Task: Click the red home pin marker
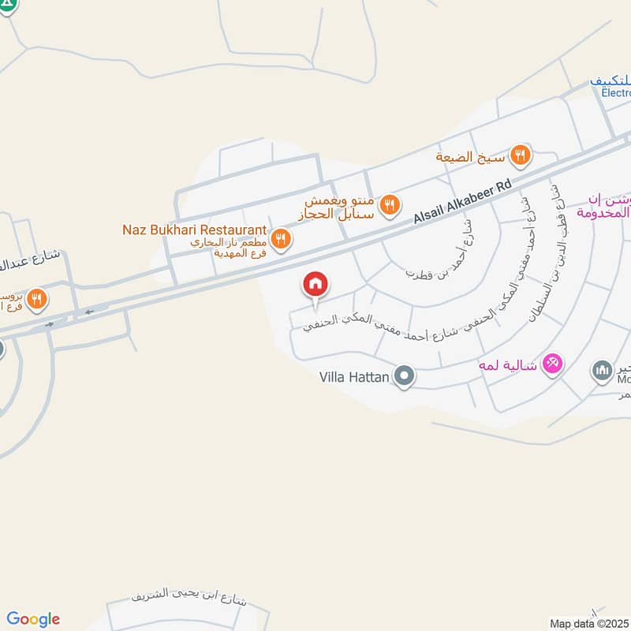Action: point(315,285)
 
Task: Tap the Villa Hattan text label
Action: point(353,377)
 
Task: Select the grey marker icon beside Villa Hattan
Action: point(405,377)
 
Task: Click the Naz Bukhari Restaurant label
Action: point(194,230)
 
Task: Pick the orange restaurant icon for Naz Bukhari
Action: point(279,237)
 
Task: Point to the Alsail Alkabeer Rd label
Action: point(463,199)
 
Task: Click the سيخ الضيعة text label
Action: point(470,157)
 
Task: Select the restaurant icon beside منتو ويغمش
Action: point(388,206)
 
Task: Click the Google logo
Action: point(33,619)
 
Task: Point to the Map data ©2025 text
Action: point(589,624)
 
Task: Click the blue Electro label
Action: point(615,92)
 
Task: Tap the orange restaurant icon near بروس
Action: point(36,299)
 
